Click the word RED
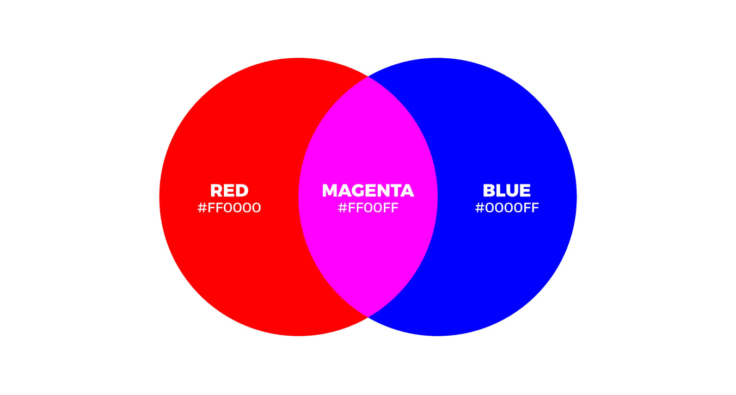click(229, 191)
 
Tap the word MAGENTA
click(368, 191)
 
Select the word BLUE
click(506, 191)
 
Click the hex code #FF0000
click(229, 208)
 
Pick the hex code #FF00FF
click(368, 208)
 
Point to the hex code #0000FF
click(507, 208)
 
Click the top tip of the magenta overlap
click(368, 77)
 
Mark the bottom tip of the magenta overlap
click(368, 316)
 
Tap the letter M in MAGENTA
click(330, 191)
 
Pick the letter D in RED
click(242, 191)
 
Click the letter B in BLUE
click(488, 191)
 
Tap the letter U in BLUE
click(511, 191)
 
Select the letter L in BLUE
click(500, 191)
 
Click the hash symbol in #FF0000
click(202, 208)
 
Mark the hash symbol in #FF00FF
click(342, 208)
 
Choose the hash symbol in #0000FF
click(479, 208)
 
